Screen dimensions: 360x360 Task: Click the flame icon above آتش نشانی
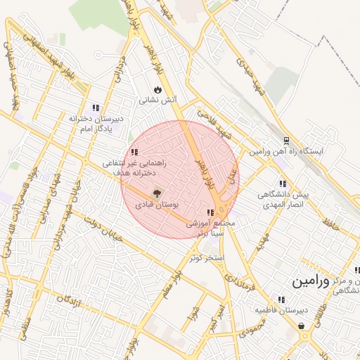tap(157, 90)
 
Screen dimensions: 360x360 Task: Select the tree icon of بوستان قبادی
tap(156, 193)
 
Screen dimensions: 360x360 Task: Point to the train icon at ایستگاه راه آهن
tap(286, 141)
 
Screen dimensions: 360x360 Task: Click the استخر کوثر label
tap(206, 257)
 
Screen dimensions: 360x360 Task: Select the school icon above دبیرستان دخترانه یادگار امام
tap(96, 108)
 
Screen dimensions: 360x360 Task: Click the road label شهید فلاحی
tap(214, 122)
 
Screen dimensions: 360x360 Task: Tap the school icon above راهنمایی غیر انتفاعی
tap(134, 152)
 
